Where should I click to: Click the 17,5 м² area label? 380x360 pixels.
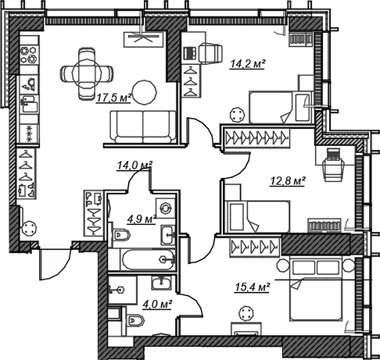pyautogui.click(x=114, y=98)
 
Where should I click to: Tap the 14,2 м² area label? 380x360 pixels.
pyautogui.click(x=247, y=64)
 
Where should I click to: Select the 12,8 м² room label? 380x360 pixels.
pyautogui.click(x=288, y=181)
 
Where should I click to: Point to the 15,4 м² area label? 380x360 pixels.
pyautogui.click(x=252, y=287)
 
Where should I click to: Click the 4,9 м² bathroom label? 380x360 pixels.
pyautogui.click(x=142, y=219)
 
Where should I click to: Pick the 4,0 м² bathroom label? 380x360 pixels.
pyautogui.click(x=157, y=304)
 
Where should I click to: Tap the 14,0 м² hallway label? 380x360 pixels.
pyautogui.click(x=134, y=166)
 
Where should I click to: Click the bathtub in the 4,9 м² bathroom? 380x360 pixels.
pyautogui.click(x=149, y=260)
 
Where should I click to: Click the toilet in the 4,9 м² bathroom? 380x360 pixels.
pyautogui.click(x=121, y=235)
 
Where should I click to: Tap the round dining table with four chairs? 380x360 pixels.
pyautogui.click(x=87, y=73)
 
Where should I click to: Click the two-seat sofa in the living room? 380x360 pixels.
pyautogui.click(x=143, y=127)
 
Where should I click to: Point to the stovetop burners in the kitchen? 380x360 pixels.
pyautogui.click(x=28, y=55)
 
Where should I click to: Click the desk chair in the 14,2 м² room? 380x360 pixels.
pyautogui.click(x=210, y=53)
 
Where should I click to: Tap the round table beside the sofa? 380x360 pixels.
pyautogui.click(x=145, y=92)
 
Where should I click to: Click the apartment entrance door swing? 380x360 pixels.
pyautogui.click(x=56, y=263)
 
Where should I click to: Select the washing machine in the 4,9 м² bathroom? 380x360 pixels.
pyautogui.click(x=166, y=209)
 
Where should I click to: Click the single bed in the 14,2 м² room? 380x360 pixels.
pyautogui.click(x=281, y=107)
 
